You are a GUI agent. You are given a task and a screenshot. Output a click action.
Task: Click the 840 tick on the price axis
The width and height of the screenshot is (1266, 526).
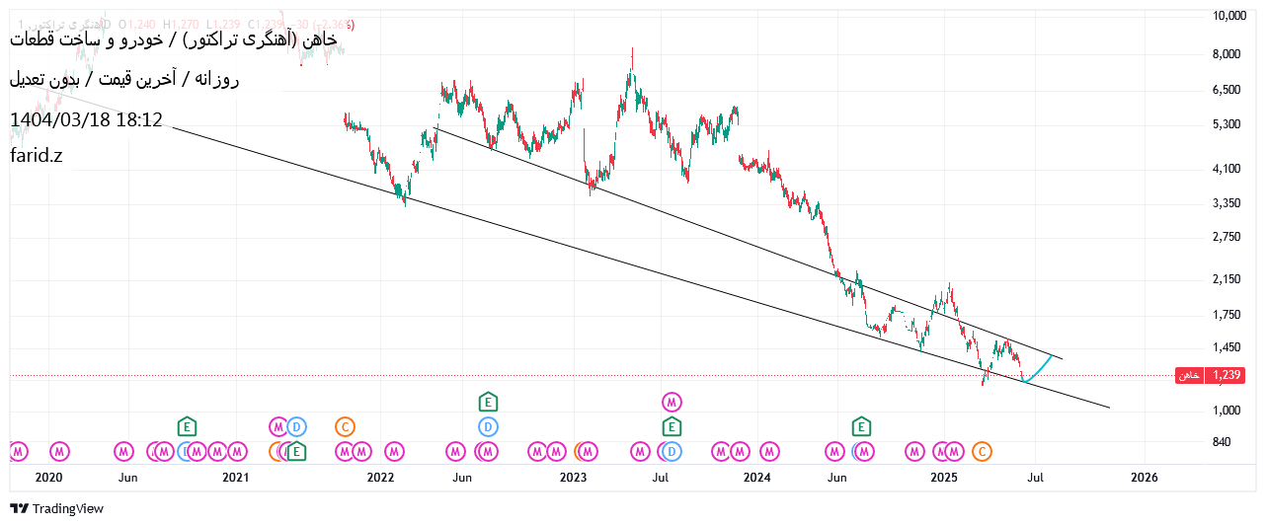pyautogui.click(x=1222, y=442)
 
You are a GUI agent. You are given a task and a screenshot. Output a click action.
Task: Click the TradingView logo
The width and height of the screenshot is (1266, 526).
pyautogui.click(x=56, y=508)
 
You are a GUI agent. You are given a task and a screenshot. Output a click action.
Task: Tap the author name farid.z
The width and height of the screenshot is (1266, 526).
pyautogui.click(x=36, y=155)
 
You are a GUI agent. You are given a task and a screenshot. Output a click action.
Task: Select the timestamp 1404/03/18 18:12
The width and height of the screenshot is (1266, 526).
pyautogui.click(x=86, y=120)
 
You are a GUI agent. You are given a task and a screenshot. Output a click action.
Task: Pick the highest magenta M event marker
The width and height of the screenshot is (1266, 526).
pyautogui.click(x=672, y=402)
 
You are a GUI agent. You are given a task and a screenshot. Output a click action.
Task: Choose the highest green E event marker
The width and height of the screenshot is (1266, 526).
pyautogui.click(x=488, y=402)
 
